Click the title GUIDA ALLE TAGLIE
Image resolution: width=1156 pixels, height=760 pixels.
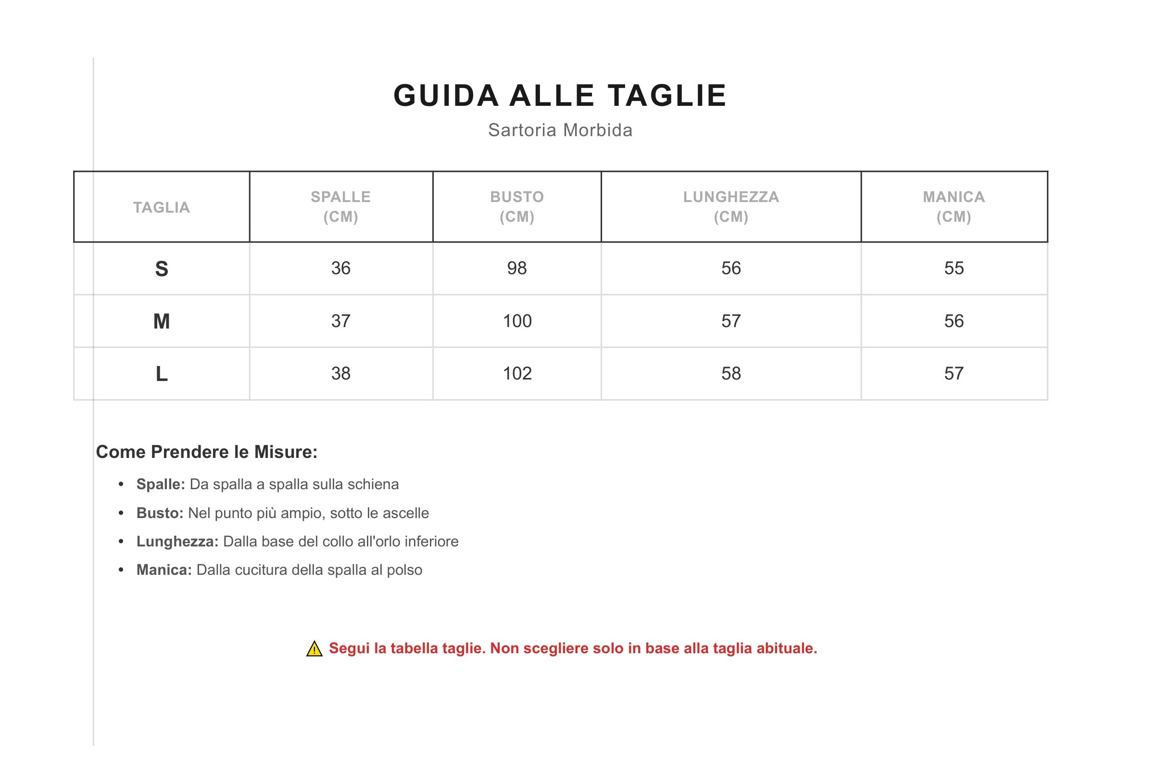click(560, 95)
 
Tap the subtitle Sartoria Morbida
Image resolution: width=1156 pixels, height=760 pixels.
click(560, 130)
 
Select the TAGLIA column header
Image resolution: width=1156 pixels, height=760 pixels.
click(161, 207)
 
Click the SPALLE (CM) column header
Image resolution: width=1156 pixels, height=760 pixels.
click(340, 206)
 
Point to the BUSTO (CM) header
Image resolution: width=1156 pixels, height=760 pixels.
click(517, 206)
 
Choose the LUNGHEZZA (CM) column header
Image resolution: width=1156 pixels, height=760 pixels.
click(730, 206)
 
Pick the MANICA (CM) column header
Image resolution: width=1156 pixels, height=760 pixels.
click(954, 206)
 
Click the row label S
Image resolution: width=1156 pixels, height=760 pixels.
click(161, 269)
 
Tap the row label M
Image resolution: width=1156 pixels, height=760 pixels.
click(161, 321)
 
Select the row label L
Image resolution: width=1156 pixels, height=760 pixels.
click(161, 374)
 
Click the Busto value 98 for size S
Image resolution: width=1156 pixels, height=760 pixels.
click(517, 268)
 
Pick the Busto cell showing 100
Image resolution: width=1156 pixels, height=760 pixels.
click(517, 321)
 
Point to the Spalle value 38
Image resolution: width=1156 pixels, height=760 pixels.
click(340, 373)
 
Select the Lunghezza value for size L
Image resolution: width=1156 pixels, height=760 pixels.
click(730, 373)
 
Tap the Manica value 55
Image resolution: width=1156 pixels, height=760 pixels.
click(954, 268)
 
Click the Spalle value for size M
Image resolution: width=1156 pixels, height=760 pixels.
click(340, 321)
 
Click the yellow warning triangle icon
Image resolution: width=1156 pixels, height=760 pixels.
click(314, 649)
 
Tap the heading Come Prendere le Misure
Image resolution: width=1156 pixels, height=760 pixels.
click(206, 452)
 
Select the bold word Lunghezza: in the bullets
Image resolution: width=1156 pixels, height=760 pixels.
click(177, 541)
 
